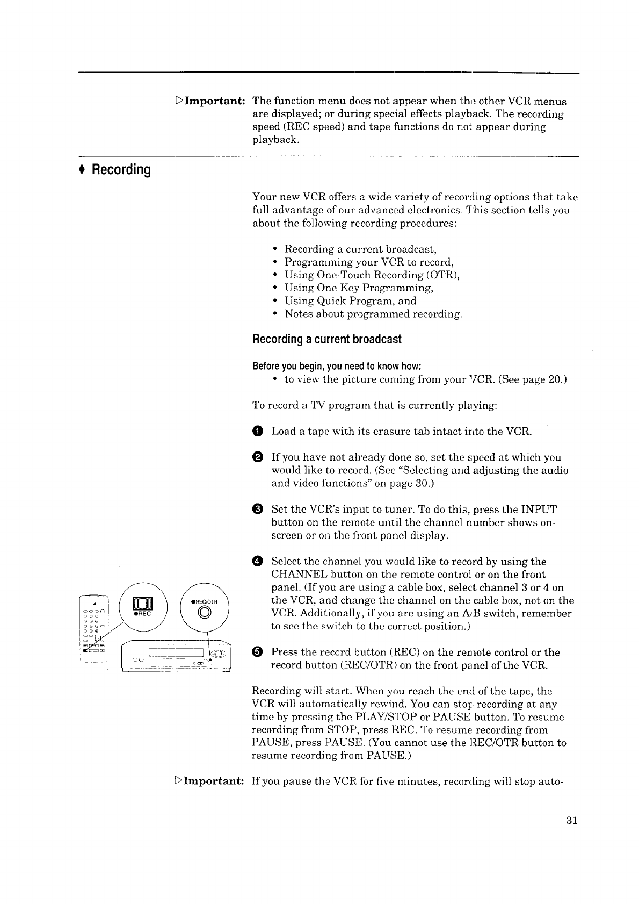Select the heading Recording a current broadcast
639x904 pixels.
[326, 340]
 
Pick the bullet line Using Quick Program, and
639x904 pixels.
[350, 301]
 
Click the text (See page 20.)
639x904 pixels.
[532, 380]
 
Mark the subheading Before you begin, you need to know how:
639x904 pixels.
[336, 367]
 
